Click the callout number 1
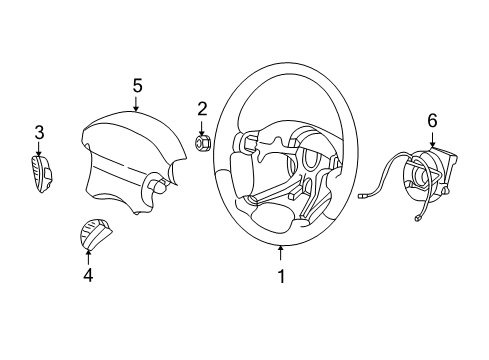(x=281, y=276)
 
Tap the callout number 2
(x=201, y=108)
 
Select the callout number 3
(x=39, y=132)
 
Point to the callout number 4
(x=88, y=272)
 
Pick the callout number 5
(x=137, y=87)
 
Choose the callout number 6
(x=432, y=120)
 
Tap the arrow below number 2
(x=201, y=126)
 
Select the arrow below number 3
(x=39, y=150)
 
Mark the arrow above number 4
(x=88, y=253)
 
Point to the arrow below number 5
(x=137, y=106)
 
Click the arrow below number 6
(x=432, y=140)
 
